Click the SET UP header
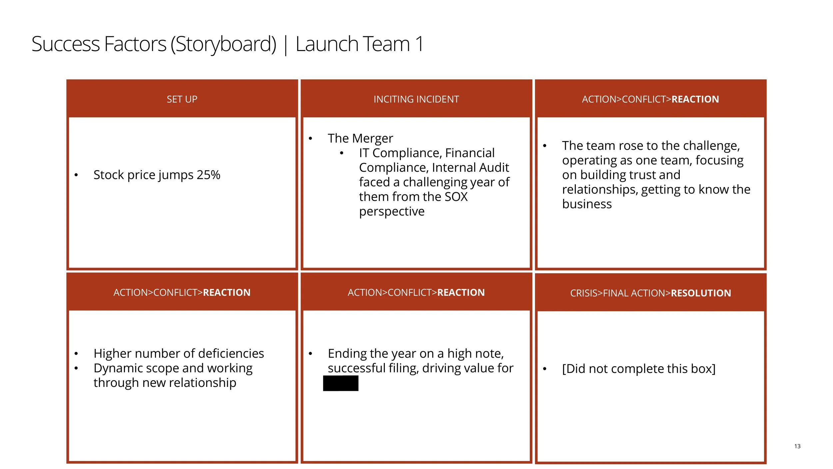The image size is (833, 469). [182, 99]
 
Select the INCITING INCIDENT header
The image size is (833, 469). [416, 99]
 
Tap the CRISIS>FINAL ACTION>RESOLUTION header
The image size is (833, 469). [650, 293]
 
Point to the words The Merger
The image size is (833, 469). [360, 138]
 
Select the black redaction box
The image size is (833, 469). [341, 383]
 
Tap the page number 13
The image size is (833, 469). [797, 446]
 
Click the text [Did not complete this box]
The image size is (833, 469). [638, 369]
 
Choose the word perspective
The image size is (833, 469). [392, 211]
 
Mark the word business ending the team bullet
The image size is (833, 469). [587, 204]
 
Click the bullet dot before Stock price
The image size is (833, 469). [76, 175]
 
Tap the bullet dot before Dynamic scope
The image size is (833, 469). [76, 368]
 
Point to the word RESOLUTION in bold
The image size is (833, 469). [701, 293]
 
